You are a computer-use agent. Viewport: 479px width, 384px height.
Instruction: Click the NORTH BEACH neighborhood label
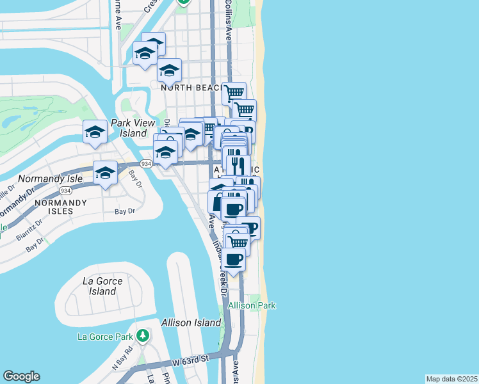(186, 87)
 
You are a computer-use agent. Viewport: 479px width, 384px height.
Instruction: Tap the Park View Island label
(138, 128)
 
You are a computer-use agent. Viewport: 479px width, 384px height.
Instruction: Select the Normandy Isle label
(51, 179)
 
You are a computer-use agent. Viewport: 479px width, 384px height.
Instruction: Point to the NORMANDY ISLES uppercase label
(60, 202)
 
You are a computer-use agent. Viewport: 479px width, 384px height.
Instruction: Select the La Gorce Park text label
(104, 337)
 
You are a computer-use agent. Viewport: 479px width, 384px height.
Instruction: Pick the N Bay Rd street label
(122, 358)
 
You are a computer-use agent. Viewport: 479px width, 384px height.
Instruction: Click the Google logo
(21, 376)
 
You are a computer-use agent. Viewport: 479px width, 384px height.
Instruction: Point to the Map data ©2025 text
(451, 379)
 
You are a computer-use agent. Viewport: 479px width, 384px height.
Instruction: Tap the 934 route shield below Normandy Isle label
(65, 191)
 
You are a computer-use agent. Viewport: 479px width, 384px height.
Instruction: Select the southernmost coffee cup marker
(234, 259)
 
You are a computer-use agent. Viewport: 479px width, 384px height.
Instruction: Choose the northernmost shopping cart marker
(234, 92)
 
